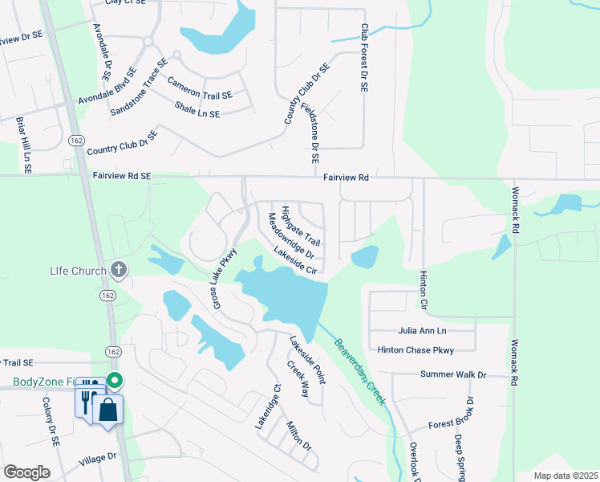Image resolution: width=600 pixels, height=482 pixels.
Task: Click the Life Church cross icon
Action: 119,270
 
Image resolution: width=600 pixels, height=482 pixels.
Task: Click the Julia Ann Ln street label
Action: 422,330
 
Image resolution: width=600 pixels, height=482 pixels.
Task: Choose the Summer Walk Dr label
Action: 453,374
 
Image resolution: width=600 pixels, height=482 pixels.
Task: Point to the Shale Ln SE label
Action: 197,110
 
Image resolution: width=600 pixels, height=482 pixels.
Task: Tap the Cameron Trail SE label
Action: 200,88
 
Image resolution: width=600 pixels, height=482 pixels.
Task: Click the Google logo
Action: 26,472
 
